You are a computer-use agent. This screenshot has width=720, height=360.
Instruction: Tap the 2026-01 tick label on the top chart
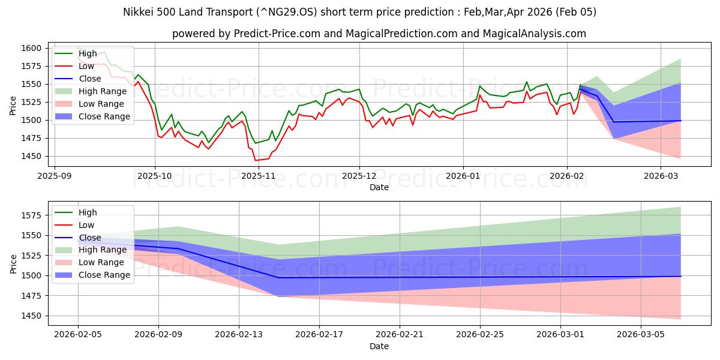[x=463, y=176]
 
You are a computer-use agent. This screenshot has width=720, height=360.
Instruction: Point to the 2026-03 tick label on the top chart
[x=661, y=176]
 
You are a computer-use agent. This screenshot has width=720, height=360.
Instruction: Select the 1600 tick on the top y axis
[x=32, y=48]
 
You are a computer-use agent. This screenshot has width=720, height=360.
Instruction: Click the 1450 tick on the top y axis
[x=32, y=156]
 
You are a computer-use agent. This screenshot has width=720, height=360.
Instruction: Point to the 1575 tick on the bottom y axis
[x=32, y=215]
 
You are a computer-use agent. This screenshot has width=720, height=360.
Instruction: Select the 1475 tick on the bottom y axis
[x=32, y=296]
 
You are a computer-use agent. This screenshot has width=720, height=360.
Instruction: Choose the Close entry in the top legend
[x=90, y=79]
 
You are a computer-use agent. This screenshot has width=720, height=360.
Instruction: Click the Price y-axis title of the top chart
[x=13, y=105]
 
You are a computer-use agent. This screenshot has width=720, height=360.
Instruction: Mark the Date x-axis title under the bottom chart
[x=379, y=346]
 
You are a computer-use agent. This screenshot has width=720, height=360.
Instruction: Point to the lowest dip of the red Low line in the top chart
[x=256, y=160]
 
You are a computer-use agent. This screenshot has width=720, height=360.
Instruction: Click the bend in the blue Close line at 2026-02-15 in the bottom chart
[x=278, y=278]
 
